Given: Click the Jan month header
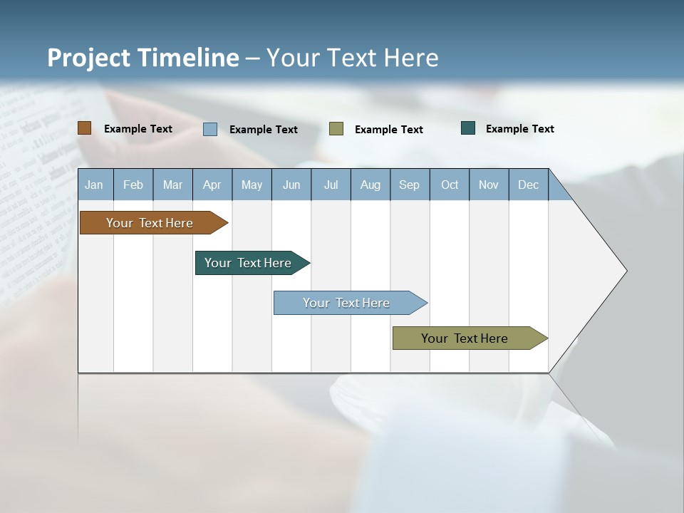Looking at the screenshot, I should tap(94, 185).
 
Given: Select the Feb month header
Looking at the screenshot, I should tap(133, 185).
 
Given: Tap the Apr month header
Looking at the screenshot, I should tap(212, 185).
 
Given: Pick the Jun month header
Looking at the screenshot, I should tap(291, 185).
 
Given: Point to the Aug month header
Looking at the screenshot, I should tap(370, 185).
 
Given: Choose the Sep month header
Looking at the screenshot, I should tap(410, 185).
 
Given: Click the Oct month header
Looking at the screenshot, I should tap(450, 185).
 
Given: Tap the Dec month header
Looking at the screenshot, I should tap(529, 185).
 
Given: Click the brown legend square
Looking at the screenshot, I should tap(85, 128).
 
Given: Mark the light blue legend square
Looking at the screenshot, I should tap(210, 129).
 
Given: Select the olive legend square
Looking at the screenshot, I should tap(336, 129).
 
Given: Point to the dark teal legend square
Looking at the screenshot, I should tap(468, 128).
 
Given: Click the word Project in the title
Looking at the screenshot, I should tap(89, 58).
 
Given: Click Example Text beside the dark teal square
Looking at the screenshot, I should tap(520, 129).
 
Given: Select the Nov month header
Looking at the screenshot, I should tap(489, 185).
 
